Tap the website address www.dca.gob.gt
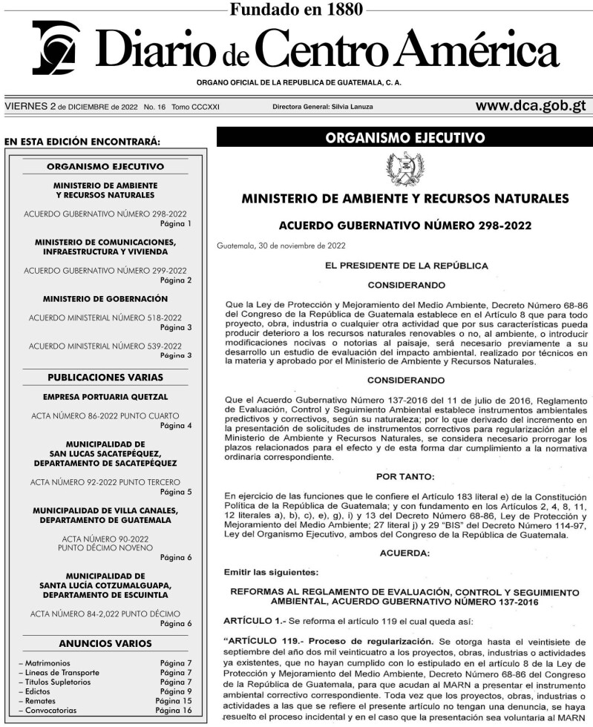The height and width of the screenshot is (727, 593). coord(531,106)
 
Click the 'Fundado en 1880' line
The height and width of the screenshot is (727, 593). coord(296,9)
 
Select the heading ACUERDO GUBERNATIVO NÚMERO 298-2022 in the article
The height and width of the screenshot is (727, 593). coord(404,226)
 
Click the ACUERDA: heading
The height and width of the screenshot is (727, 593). coord(404,553)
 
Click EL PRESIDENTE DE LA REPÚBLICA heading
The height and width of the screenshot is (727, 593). coord(404,265)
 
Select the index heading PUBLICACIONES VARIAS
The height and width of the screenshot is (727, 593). coord(105,377)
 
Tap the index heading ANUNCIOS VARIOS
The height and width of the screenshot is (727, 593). coord(105,643)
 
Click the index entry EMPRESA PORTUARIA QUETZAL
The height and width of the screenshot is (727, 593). coord(105,397)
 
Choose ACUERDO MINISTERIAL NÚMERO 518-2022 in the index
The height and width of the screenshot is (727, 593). coord(105,318)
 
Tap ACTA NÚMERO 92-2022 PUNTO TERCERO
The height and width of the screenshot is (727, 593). coord(105,482)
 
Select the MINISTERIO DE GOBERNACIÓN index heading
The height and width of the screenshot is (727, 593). coord(105,298)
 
